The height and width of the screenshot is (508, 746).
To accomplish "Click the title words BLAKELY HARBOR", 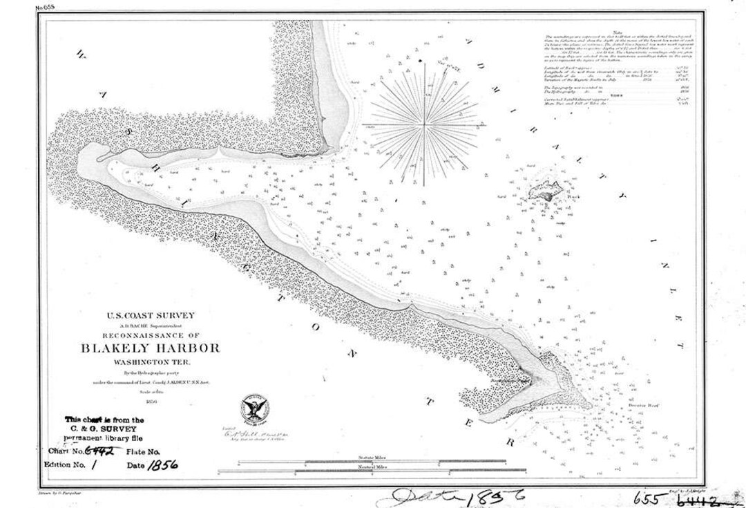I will [151, 348].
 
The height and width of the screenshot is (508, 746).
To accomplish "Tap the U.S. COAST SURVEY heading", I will [151, 316].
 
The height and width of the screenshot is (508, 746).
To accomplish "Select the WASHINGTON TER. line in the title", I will [150, 362].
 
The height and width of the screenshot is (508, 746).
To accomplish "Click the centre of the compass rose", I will [423, 125].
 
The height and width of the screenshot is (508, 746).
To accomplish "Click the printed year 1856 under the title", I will [151, 400].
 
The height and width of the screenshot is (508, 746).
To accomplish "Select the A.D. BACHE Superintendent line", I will [151, 325].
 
